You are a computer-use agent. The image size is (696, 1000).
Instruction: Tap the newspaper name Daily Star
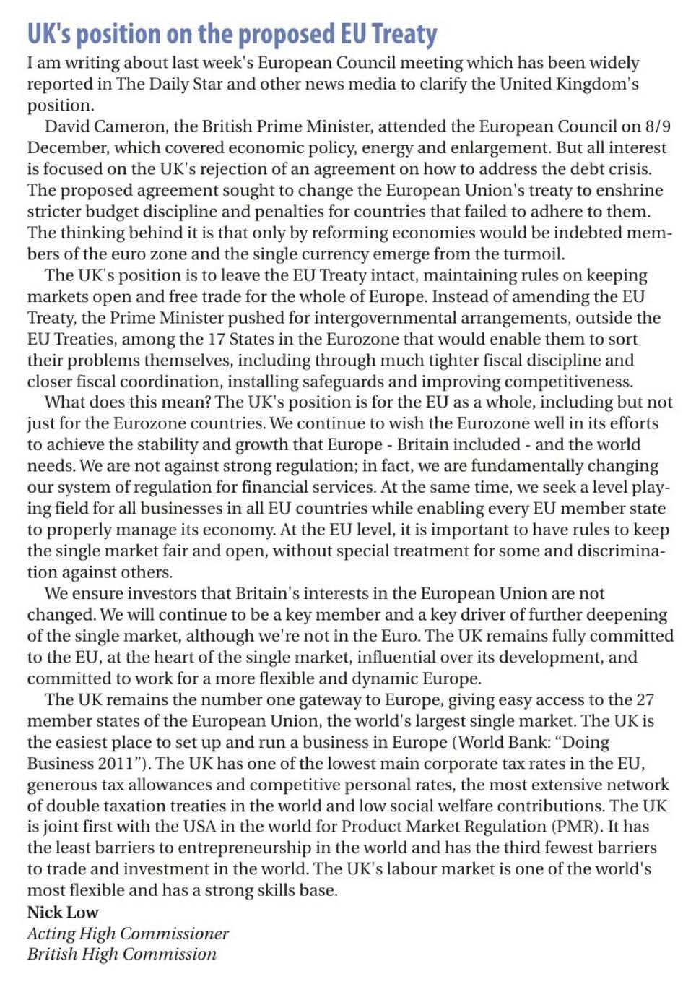tap(171, 84)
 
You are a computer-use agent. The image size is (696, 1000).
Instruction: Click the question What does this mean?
tap(127, 402)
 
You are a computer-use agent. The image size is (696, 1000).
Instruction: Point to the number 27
tap(645, 700)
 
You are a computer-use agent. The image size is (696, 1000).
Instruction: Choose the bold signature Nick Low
tap(63, 912)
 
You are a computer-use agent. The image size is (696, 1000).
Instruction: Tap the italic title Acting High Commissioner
tap(128, 934)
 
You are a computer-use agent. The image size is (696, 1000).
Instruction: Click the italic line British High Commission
tap(122, 954)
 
